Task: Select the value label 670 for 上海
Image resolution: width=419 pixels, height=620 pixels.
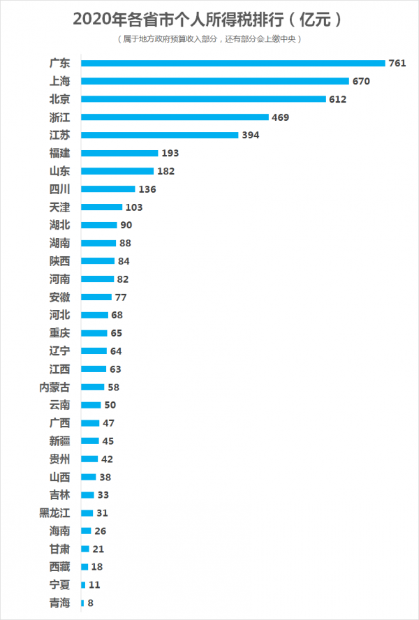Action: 361,81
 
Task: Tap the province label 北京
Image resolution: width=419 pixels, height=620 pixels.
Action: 59,99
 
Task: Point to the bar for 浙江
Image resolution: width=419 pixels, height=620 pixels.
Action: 175,117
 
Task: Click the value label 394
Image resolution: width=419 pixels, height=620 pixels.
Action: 251,135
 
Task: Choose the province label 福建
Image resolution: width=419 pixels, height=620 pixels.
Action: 59,153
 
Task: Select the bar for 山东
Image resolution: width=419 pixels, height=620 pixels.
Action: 117,171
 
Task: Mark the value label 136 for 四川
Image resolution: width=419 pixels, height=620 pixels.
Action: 147,189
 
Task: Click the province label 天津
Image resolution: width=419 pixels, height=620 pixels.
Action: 59,207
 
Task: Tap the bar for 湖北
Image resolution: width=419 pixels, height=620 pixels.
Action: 99,225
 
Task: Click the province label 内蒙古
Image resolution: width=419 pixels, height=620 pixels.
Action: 54,387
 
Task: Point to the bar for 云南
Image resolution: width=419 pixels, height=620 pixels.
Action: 91,405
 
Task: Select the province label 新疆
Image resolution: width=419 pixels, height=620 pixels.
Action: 59,441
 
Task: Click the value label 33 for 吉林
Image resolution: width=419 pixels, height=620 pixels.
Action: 104,495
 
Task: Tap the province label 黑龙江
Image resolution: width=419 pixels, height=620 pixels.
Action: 54,512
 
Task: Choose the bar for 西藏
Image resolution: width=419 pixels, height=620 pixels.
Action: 84,567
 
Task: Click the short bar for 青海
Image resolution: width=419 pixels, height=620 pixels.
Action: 82,603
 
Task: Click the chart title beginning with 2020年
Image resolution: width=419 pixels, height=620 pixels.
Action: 209,19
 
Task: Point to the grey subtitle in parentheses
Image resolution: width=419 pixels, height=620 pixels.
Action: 209,39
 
